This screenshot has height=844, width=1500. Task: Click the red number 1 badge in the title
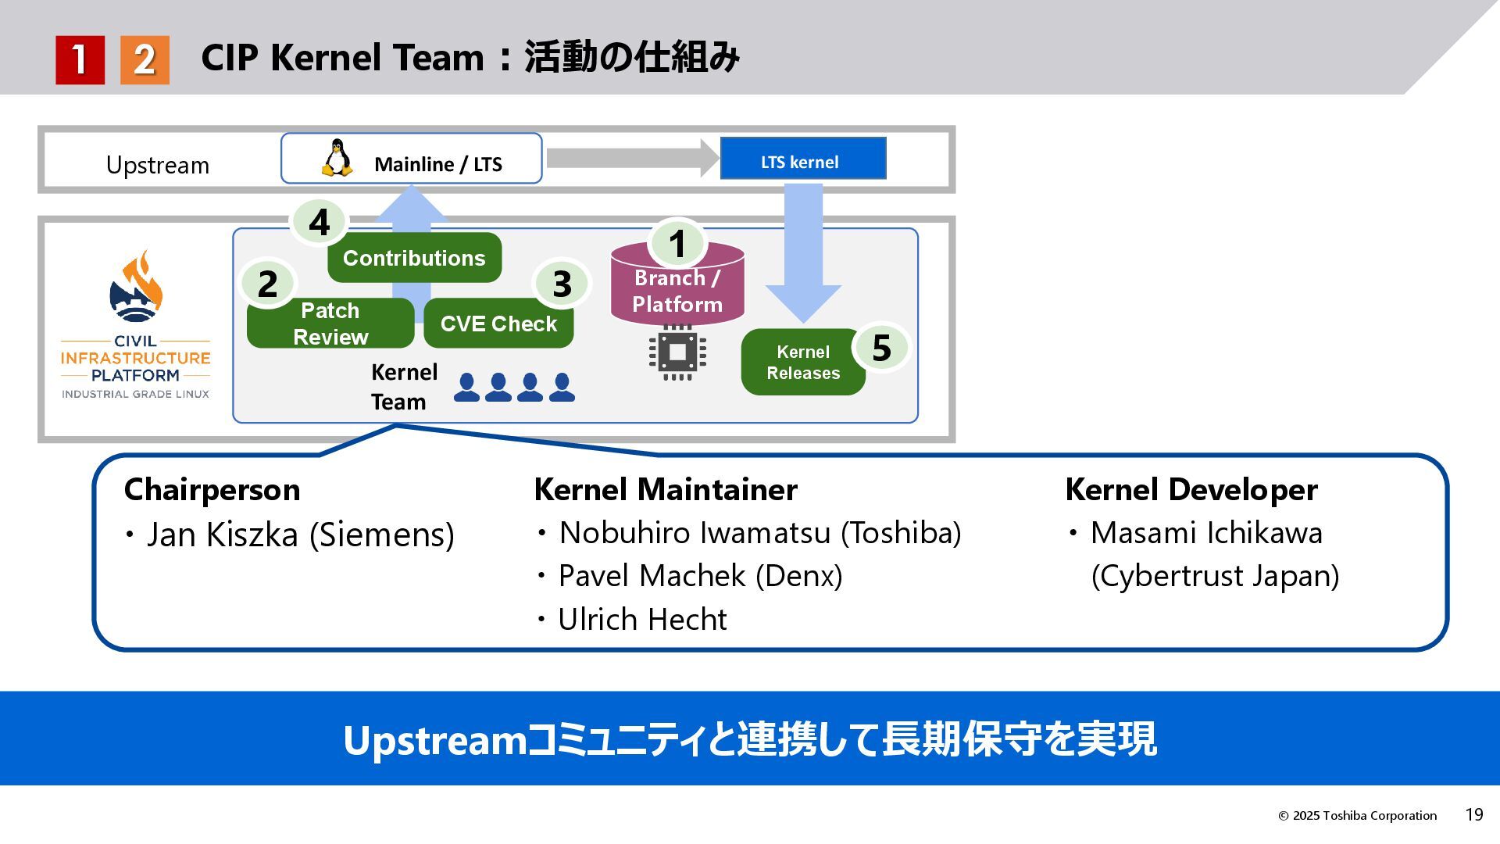[x=80, y=59]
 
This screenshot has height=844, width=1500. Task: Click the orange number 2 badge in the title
[x=145, y=59]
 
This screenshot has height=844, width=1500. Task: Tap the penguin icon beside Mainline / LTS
[x=337, y=158]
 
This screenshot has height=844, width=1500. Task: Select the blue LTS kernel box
[x=802, y=159]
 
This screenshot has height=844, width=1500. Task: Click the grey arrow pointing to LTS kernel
[x=631, y=159]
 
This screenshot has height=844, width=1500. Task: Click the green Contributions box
[x=414, y=258]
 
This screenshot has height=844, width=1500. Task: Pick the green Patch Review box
[x=330, y=324]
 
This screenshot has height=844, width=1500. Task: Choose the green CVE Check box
[x=498, y=324]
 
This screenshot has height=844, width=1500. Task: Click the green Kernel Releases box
[x=802, y=363]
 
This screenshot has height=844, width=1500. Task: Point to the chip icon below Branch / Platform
[x=677, y=352]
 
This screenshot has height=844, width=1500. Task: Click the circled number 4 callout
[x=319, y=222]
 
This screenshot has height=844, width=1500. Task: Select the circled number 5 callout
[x=881, y=348]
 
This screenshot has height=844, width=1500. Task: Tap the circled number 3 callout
[x=562, y=284]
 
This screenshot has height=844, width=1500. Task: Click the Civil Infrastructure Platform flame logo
[x=136, y=288]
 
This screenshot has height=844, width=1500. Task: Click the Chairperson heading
[x=212, y=490]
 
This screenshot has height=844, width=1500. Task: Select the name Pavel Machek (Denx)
[x=700, y=576]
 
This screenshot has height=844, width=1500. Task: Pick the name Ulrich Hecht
[x=642, y=620]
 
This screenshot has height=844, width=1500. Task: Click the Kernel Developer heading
[x=1191, y=490]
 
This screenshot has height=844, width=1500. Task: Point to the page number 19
[x=1473, y=815]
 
